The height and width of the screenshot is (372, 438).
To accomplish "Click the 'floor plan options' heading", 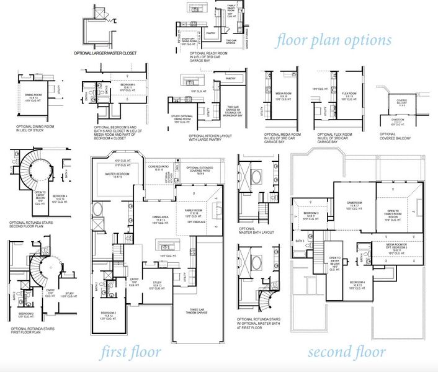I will tap(334, 40).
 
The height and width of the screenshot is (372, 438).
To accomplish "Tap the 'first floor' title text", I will tap(132, 353).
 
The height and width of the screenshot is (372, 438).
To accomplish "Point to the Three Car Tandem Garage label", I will tap(198, 313).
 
